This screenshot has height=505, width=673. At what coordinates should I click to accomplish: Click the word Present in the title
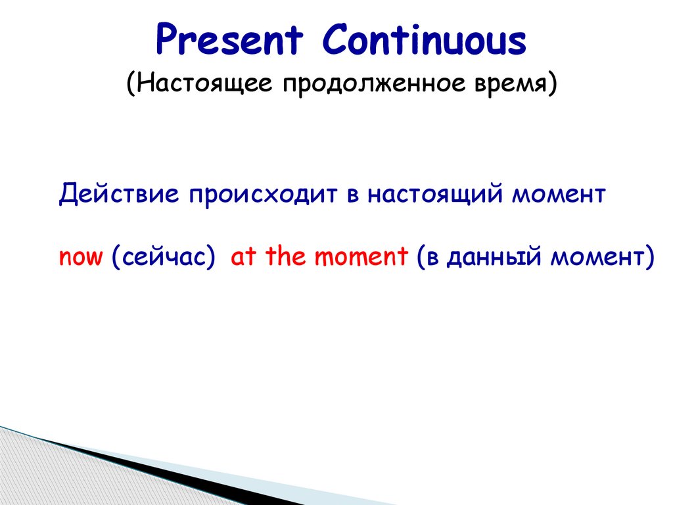229,39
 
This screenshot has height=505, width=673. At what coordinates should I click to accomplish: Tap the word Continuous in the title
424,39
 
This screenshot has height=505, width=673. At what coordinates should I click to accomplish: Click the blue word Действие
119,194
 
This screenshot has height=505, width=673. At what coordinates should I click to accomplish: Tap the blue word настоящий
434,194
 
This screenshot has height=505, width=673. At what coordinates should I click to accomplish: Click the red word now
81,257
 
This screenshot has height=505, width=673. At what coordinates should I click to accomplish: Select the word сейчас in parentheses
163,257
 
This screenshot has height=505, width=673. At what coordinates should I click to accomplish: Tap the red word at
243,256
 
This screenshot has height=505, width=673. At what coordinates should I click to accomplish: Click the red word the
285,256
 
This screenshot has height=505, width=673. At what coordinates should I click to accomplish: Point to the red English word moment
361,256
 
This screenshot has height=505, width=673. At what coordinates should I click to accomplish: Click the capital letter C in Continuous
336,39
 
